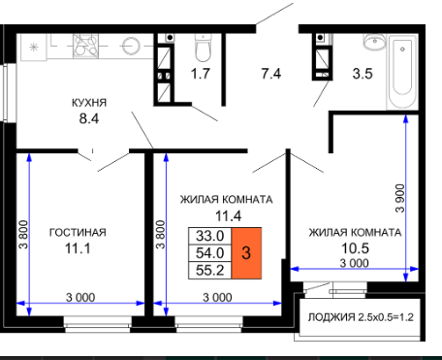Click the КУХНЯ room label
click(x=89, y=103)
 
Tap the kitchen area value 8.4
click(x=89, y=118)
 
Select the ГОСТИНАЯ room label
click(x=78, y=233)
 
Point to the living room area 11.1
click(x=78, y=248)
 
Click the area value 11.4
click(x=229, y=215)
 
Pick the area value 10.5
click(x=355, y=248)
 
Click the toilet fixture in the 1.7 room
click(x=203, y=48)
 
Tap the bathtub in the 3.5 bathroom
click(x=402, y=73)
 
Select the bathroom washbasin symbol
click(x=375, y=42)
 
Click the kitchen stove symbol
click(x=85, y=46)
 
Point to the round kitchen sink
click(x=131, y=46)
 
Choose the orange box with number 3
click(x=246, y=253)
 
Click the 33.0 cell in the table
click(x=210, y=236)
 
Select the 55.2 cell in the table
click(x=210, y=271)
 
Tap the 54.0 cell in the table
click(x=210, y=253)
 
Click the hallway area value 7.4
click(x=271, y=74)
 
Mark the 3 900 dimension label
click(x=400, y=198)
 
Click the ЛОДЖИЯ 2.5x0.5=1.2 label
click(x=361, y=317)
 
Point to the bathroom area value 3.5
click(x=363, y=74)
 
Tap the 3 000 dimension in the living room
click(x=80, y=298)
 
